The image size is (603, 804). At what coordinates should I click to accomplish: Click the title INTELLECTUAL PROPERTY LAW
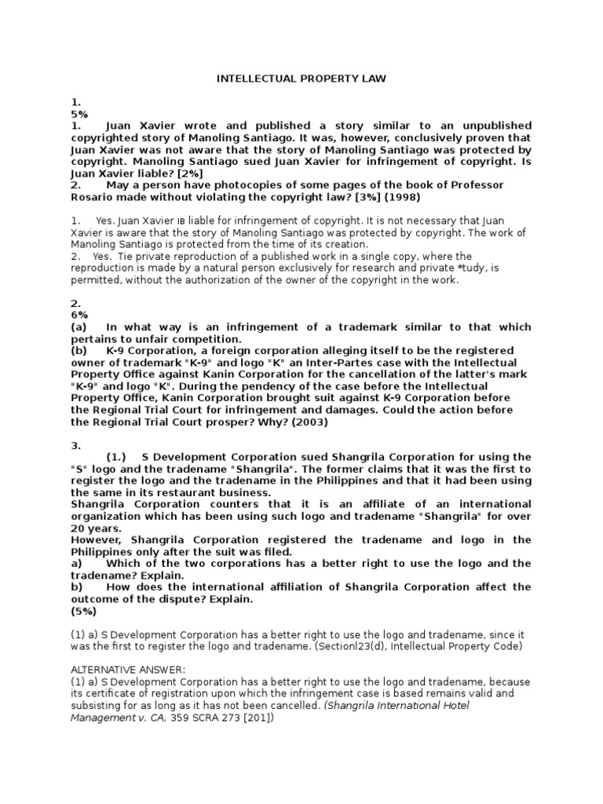301,79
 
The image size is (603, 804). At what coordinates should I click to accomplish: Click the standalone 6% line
79,315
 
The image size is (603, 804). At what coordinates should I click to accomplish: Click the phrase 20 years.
97,528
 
